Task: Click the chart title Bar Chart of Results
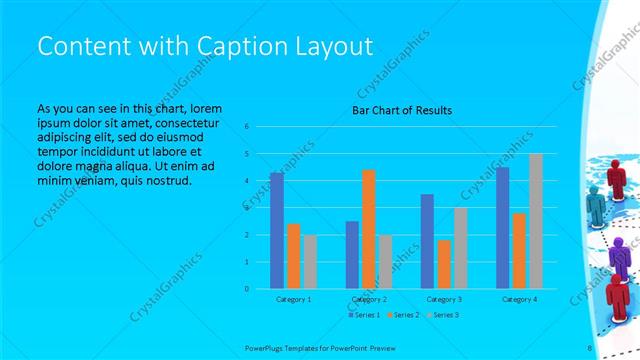(402, 109)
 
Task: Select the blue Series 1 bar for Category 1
(277, 230)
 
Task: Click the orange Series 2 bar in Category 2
(368, 229)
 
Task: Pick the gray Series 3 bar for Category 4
(535, 221)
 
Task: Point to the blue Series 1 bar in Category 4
(502, 227)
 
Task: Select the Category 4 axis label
(519, 299)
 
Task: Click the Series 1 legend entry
(363, 315)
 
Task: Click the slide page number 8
(589, 347)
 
